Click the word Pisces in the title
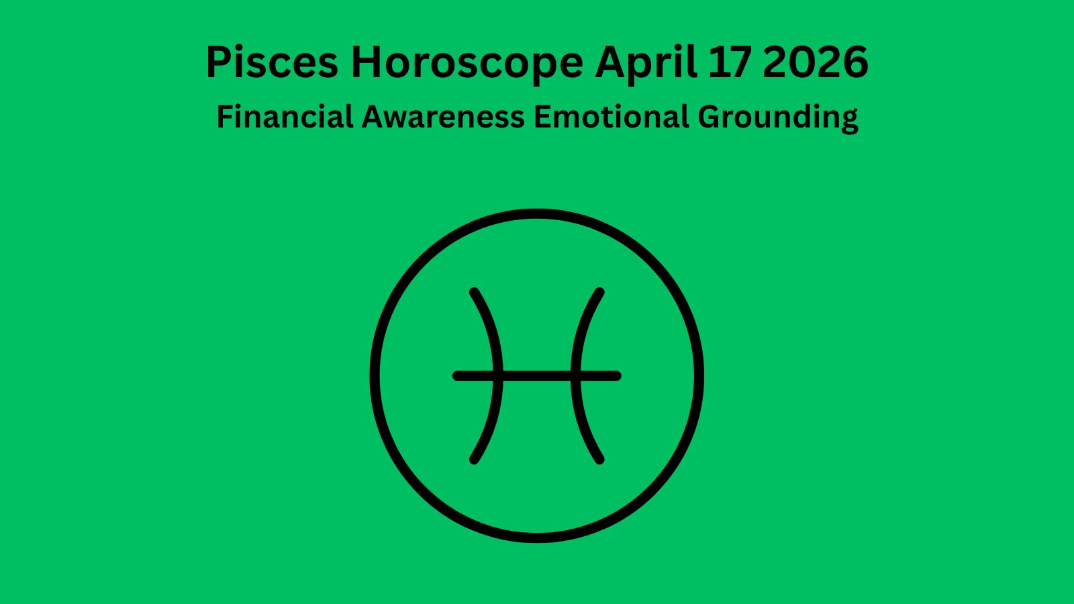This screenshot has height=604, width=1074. [x=271, y=62]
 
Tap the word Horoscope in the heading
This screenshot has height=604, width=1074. [x=467, y=62]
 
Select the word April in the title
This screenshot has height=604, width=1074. [x=646, y=62]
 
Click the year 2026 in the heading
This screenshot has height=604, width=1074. [x=816, y=62]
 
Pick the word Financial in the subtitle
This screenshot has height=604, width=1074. [x=285, y=117]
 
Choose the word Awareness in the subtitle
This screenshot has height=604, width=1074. [x=443, y=117]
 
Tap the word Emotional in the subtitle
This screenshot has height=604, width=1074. [x=611, y=117]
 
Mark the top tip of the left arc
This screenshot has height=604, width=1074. [x=474, y=293]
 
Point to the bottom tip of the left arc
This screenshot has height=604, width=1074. [x=474, y=460]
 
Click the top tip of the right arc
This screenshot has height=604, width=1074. [x=600, y=293]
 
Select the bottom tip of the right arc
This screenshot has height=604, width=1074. [x=600, y=460]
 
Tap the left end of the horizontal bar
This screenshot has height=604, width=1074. [x=457, y=376]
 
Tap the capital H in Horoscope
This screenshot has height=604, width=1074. [x=368, y=62]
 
